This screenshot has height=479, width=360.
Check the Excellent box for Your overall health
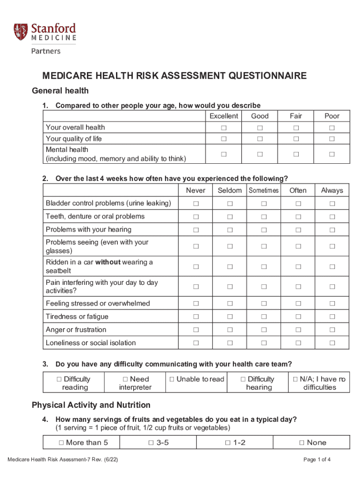click(223, 128)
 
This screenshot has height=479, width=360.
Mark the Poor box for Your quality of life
click(332, 139)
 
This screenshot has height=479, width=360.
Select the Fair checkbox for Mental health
click(296, 154)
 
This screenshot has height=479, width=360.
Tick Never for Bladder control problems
click(195, 203)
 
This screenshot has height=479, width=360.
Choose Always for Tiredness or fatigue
click(332, 317)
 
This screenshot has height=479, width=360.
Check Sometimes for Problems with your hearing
click(264, 230)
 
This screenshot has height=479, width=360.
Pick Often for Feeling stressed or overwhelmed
click(298, 304)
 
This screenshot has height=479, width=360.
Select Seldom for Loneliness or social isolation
click(230, 343)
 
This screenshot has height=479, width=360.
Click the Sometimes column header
click(264, 190)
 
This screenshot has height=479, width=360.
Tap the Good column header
click(259, 116)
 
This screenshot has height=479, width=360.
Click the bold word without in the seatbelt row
click(108, 262)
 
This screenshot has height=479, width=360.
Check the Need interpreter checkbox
click(125, 379)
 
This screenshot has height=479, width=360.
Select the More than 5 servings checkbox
click(61, 443)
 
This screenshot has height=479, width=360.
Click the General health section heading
click(60, 91)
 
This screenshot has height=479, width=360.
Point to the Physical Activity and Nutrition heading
click(91, 405)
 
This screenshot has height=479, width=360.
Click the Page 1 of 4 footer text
click(317, 459)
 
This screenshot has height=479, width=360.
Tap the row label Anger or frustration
click(76, 330)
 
